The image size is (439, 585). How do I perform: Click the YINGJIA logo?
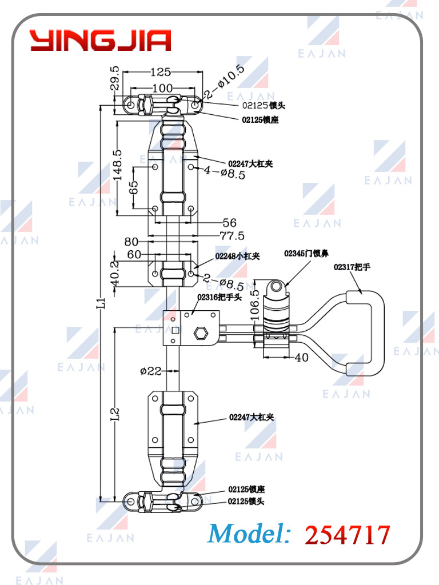coord(101,41)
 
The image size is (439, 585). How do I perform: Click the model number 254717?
coord(348,535)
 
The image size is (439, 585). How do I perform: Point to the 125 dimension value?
coord(161,72)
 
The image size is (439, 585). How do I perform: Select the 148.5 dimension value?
coord(118,165)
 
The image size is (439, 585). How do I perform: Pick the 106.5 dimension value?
coord(256,305)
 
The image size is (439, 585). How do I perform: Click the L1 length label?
coord(101,302)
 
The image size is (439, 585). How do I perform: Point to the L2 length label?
coord(115,414)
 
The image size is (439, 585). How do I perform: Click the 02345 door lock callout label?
coord(306,253)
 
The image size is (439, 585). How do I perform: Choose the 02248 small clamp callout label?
coord(237,257)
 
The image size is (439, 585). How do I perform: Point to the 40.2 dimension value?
coord(115,274)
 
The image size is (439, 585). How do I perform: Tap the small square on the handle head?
coord(175,330)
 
